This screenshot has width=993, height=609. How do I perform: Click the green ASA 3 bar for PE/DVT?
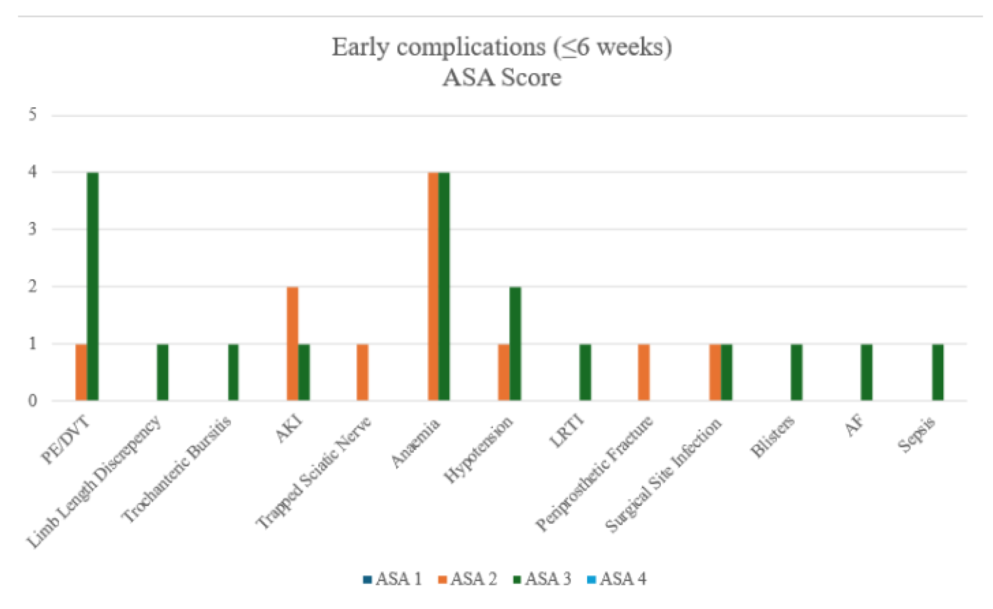pos(93,286)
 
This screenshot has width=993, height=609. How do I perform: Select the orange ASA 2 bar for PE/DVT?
pos(81,372)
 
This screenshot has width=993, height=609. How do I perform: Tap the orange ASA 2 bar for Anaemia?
pos(433,286)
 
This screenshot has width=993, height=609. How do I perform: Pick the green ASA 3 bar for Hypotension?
pos(515,344)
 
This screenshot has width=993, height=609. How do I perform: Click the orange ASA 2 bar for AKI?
pos(293,344)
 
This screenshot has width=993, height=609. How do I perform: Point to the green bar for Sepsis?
pos(938,372)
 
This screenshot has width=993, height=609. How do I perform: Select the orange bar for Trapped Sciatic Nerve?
pos(363,372)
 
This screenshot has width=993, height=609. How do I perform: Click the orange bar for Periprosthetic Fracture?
pos(644,372)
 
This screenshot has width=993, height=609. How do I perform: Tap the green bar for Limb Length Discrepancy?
pos(163,372)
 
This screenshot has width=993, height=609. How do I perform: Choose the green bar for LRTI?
pos(585,372)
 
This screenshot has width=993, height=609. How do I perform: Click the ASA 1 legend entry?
pos(393,579)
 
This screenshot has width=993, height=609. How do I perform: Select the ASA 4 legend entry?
pos(617,579)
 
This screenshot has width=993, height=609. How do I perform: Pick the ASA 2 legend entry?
pos(467,579)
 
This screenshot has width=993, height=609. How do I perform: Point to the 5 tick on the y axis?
pos(33,115)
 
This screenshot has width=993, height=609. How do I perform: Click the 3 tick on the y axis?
pos(33,230)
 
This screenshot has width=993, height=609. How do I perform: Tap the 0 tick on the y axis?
pos(33,401)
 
